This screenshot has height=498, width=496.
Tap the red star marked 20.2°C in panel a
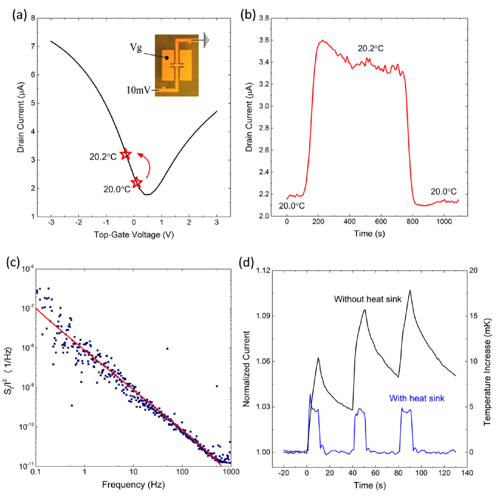125,154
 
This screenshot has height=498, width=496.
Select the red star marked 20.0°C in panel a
137,182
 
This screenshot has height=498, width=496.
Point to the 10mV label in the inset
141,89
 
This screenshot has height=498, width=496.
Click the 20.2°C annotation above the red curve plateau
370,49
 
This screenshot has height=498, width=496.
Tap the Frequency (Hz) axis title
133,485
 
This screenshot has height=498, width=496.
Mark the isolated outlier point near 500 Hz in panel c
217,386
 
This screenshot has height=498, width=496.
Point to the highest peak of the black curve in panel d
410,290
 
